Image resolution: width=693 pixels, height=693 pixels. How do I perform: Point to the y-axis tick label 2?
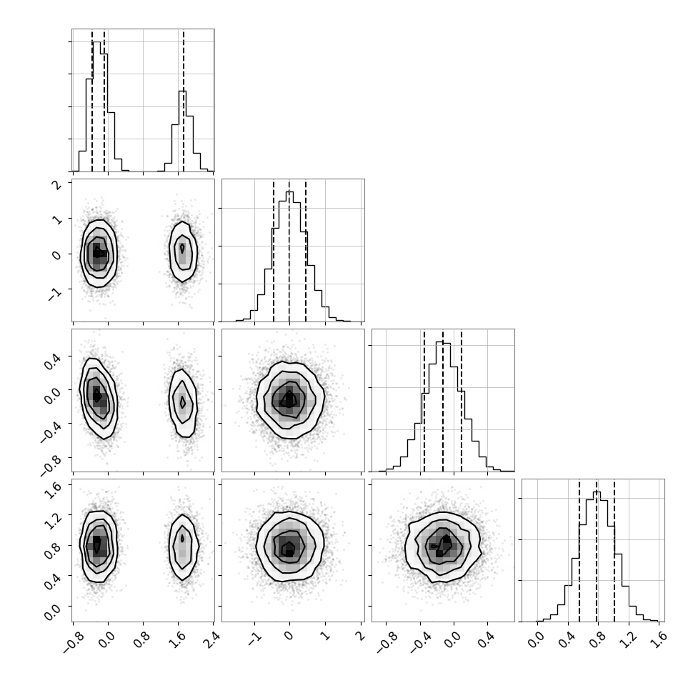[58, 185]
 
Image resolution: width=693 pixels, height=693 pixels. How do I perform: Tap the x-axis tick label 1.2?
[631, 638]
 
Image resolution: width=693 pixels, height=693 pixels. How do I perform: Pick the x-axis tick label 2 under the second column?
[361, 636]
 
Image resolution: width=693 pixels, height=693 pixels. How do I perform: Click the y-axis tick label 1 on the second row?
[58, 219]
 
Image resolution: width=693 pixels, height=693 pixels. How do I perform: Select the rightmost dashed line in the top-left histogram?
[184, 100]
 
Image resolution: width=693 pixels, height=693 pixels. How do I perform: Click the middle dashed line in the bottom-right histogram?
[597, 551]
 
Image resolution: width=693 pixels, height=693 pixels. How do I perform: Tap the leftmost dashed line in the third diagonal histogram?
[424, 401]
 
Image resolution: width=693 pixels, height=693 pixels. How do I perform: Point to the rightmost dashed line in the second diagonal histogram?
[305, 251]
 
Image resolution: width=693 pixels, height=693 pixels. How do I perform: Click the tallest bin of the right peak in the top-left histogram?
[182, 131]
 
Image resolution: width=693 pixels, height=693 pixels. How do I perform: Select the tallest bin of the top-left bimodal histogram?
[96, 106]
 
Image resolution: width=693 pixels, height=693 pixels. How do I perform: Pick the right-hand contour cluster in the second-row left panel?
[182, 250]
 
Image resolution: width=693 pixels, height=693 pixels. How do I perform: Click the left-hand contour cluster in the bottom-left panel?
[99, 545]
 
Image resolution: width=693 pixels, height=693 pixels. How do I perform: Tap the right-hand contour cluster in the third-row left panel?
[182, 402]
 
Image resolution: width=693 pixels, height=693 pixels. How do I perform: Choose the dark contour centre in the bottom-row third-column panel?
[443, 545]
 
